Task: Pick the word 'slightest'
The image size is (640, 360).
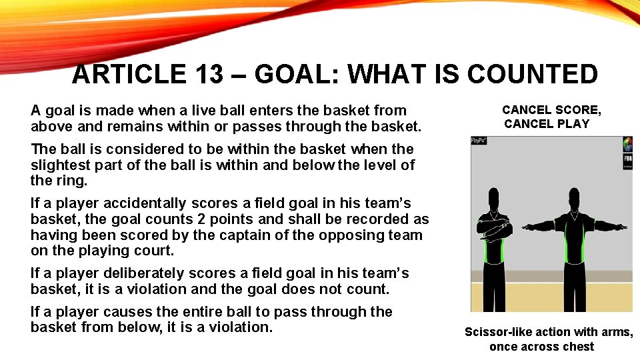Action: pyautogui.click(x=59, y=165)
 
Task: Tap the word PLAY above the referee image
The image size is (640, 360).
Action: pyautogui.click(x=575, y=123)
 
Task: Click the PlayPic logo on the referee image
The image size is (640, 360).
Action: pyautogui.click(x=478, y=141)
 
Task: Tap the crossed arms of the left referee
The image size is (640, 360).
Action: pyautogui.click(x=493, y=228)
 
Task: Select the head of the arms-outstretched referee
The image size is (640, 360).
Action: pyautogui.click(x=577, y=198)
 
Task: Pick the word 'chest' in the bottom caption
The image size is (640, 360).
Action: pyautogui.click(x=578, y=346)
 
